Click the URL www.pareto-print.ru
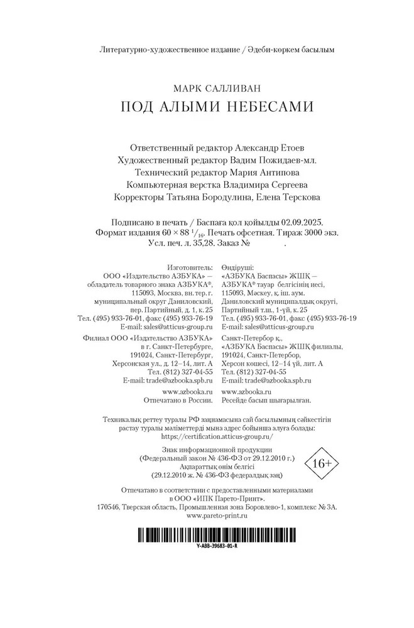[x=217, y=515]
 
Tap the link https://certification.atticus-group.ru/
[x=217, y=435]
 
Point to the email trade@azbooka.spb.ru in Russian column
[x=168, y=381]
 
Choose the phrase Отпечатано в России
[x=177, y=399]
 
